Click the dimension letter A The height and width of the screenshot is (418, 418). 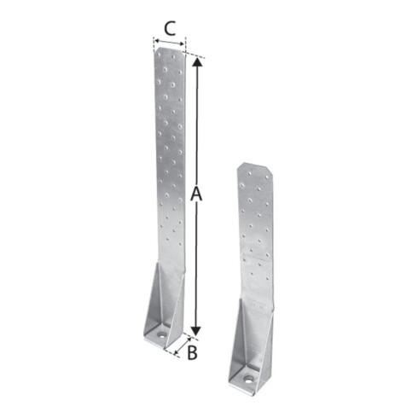[x=196, y=194]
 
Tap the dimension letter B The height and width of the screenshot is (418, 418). [x=192, y=352]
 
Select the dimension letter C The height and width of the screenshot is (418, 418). [x=170, y=28]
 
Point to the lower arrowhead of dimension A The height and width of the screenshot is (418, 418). [x=195, y=331]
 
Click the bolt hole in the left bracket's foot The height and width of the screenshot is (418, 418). [x=162, y=334]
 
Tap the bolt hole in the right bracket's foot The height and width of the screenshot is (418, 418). [x=249, y=379]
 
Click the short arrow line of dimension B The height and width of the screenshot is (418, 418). [x=183, y=346]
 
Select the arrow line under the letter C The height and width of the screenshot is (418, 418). [x=169, y=43]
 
